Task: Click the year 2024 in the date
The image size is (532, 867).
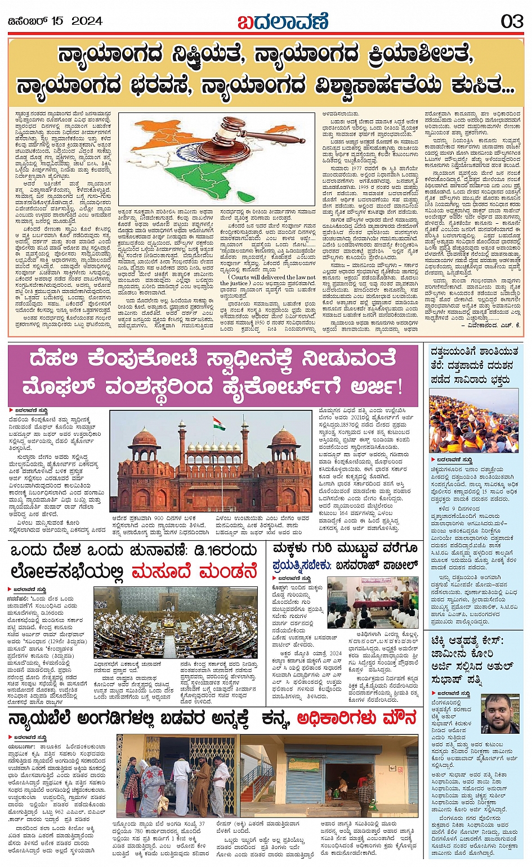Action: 87,21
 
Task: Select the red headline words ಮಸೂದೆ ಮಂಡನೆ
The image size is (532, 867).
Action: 194,571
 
